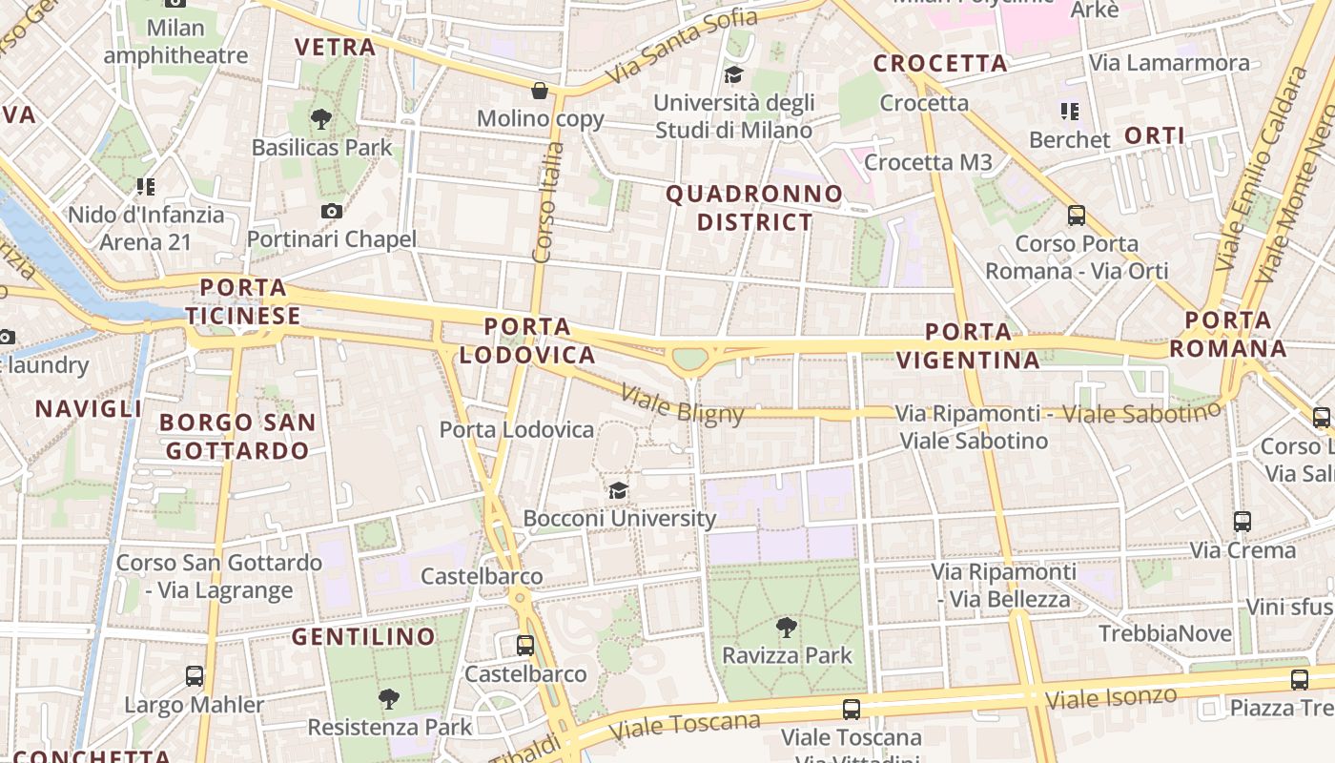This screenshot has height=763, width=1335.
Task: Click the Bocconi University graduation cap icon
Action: [x=619, y=490]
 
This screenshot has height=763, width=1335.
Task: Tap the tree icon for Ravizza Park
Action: [x=787, y=627]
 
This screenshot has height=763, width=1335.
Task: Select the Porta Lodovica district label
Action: [x=527, y=340]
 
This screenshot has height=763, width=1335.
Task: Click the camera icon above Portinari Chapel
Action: [x=332, y=211]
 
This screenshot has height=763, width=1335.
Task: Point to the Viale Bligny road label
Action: [x=682, y=403]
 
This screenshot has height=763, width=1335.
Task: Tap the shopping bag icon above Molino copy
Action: [x=540, y=91]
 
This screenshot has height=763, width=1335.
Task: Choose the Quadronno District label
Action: [x=754, y=208]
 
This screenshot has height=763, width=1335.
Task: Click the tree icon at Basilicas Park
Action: [x=321, y=119]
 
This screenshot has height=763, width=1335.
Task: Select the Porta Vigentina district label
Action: [x=969, y=345]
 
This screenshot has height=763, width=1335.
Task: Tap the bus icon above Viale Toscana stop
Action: [x=852, y=710]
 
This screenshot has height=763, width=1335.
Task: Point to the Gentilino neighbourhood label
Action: [x=363, y=636]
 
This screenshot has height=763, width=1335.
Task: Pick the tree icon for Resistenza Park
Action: [x=388, y=699]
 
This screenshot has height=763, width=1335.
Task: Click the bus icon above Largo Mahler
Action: [x=195, y=676]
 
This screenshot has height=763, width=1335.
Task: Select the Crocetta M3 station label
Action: [x=928, y=162]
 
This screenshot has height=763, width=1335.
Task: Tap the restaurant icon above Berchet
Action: [x=1070, y=112]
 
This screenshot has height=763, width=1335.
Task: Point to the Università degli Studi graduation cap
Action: [x=733, y=74]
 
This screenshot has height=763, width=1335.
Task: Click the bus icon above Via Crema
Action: [x=1243, y=522]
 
